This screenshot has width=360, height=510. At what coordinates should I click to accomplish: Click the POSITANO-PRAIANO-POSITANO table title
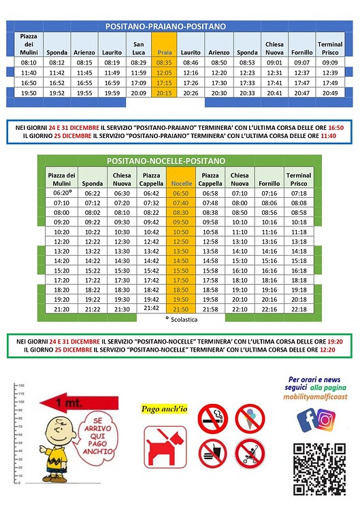click(165, 26)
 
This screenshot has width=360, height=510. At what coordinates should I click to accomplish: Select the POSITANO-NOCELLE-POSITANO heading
click(165, 161)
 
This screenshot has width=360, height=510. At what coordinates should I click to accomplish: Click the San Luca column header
click(138, 48)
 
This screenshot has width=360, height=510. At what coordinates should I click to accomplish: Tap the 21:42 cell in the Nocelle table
click(151, 307)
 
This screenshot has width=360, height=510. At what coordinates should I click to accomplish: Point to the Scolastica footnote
click(180, 318)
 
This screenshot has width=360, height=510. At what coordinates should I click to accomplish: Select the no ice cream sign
click(250, 416)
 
